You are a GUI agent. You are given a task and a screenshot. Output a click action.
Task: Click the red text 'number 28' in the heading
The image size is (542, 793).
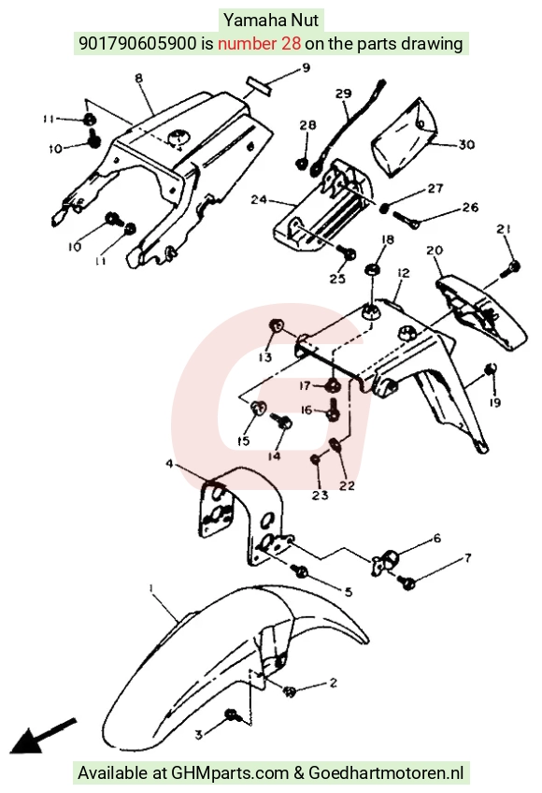click(x=260, y=44)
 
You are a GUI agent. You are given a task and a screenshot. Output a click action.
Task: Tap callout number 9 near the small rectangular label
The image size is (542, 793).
click(x=306, y=67)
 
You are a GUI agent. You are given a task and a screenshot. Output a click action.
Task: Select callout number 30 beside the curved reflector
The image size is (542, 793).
click(x=466, y=145)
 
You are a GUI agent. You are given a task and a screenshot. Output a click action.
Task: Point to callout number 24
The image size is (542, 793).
click(x=259, y=200)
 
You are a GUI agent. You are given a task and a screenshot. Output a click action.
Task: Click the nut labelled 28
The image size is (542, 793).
click(x=302, y=163)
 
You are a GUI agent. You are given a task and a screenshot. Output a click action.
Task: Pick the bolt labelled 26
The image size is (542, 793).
click(x=406, y=220)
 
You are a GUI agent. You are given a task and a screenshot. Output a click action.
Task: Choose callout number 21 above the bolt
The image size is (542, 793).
click(x=503, y=230)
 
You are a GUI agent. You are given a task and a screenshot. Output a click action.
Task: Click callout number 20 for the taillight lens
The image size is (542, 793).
click(x=435, y=250)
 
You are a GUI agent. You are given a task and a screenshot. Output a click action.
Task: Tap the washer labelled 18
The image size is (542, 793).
click(x=373, y=269)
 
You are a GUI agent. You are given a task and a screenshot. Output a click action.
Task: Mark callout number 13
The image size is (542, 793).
click(x=265, y=357)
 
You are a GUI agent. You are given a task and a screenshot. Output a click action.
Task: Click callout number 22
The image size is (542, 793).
click(x=347, y=485)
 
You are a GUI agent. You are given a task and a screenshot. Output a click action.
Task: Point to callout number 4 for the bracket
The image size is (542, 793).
click(x=169, y=463)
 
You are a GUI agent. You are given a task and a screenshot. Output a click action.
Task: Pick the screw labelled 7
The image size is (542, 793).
click(x=406, y=582)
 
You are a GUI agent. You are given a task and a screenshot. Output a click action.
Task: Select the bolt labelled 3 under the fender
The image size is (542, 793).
click(x=232, y=714)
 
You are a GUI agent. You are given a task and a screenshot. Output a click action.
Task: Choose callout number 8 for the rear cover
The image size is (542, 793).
click(x=139, y=78)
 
